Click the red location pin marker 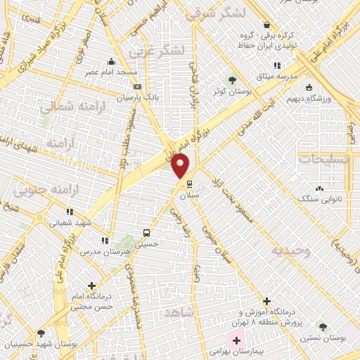(181, 167)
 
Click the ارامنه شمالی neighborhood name (64, 107)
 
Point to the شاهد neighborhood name (176, 311)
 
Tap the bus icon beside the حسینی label (146, 232)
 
